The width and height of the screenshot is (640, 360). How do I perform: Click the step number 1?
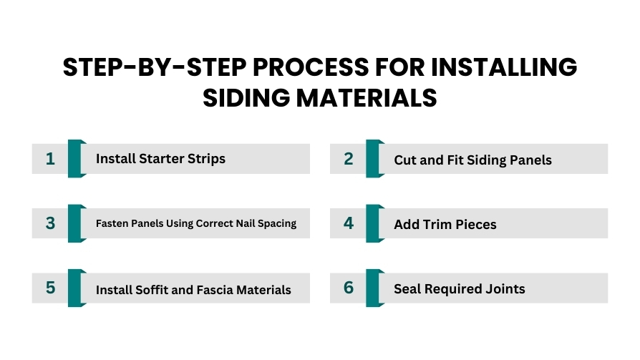click(50, 159)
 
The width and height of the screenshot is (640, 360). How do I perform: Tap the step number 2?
click(348, 159)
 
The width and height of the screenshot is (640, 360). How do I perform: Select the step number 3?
click(50, 223)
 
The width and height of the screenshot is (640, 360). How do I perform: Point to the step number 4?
click(348, 223)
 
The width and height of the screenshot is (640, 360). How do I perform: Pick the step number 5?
click(50, 288)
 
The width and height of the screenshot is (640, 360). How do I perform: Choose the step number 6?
click(348, 288)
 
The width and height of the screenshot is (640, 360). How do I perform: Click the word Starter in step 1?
click(162, 159)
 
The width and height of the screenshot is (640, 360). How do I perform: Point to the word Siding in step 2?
click(487, 160)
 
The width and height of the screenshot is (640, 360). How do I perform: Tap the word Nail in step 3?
click(246, 223)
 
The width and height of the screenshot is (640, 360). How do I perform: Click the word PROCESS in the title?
click(311, 67)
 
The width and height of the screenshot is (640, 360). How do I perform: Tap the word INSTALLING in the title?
click(504, 67)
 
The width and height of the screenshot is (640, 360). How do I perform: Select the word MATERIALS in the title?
click(367, 98)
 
